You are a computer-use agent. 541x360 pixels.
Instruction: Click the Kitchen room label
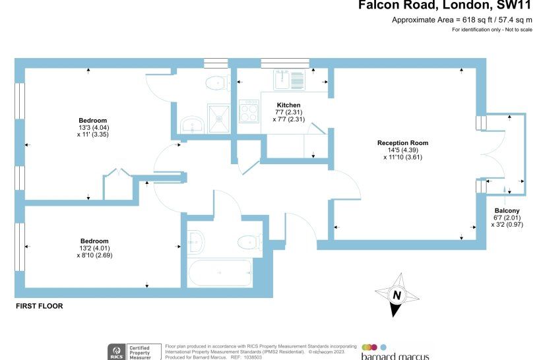288,105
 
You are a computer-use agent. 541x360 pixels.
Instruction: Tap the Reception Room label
402,143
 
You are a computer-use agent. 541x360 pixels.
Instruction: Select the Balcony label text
507,210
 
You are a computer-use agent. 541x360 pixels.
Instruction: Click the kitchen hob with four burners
249,111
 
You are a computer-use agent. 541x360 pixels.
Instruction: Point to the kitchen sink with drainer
290,80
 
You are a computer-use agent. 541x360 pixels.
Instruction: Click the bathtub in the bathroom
220,273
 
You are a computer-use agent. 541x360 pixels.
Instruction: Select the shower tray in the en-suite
218,118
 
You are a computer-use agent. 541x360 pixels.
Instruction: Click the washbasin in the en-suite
192,125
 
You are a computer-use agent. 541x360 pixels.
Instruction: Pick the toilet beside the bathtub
250,242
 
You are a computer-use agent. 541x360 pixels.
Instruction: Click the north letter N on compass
397,295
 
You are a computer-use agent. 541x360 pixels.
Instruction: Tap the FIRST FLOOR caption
40,306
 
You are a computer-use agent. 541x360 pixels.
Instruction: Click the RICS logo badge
117,352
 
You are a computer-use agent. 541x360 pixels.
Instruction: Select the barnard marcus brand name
395,356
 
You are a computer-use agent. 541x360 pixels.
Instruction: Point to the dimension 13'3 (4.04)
94,128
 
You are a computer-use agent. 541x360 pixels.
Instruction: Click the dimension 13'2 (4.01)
94,249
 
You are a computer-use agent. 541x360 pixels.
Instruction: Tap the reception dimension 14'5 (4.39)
403,150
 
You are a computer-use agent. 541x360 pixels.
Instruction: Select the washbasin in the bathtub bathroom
197,241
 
